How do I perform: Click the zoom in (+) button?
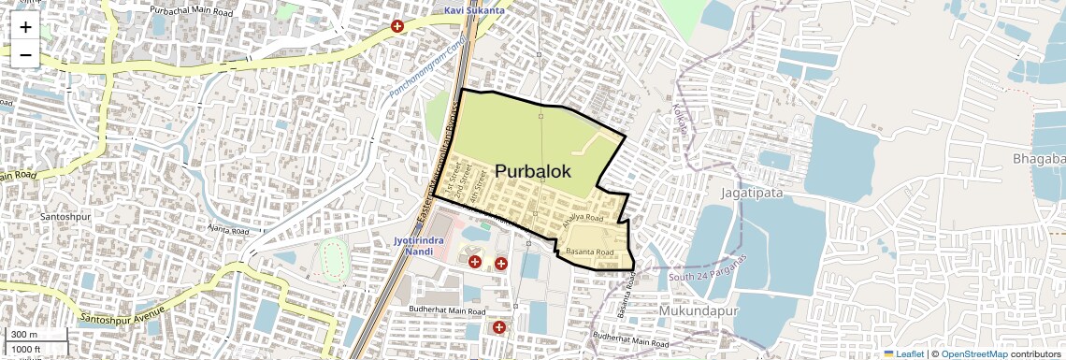tap(25, 27)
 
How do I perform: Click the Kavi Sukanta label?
tap(474, 10)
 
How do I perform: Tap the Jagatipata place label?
tap(751, 193)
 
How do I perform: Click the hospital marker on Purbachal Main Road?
tap(397, 27)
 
